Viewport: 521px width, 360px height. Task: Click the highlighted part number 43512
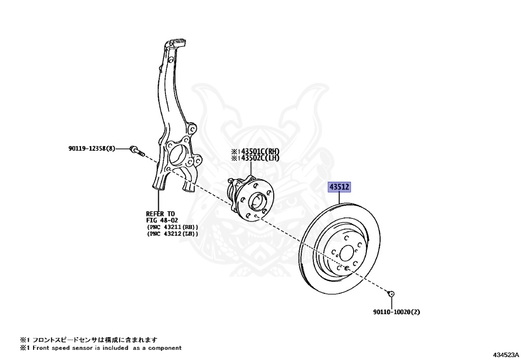(x=340, y=188)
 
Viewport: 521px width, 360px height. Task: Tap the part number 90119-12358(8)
(x=92, y=149)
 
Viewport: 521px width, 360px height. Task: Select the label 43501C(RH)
(x=259, y=151)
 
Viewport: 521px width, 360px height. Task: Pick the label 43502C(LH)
(x=259, y=158)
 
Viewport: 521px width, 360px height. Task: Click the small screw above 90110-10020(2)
(x=391, y=293)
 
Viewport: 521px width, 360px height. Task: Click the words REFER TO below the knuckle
(x=160, y=213)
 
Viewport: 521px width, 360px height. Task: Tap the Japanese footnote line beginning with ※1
(x=89, y=339)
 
